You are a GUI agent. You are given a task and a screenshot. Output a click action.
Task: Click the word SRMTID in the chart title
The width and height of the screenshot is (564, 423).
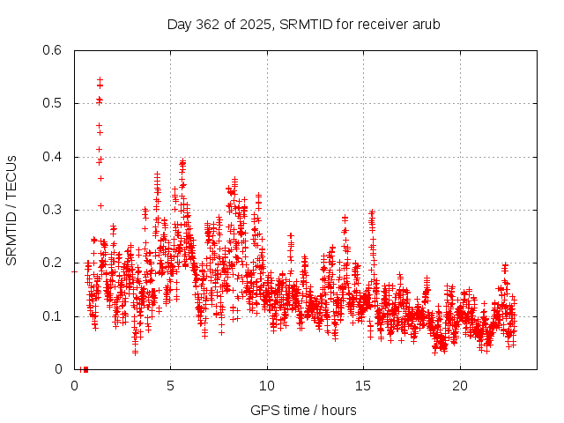(x=302, y=24)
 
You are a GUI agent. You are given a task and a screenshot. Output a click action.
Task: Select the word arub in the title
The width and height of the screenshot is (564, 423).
(x=423, y=24)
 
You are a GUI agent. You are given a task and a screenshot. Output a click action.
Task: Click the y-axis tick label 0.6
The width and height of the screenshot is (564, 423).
(x=52, y=50)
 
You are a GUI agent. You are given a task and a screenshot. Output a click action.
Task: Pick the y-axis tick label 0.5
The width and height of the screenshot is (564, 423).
(x=52, y=103)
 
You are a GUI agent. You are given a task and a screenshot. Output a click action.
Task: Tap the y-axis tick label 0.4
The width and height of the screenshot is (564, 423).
(x=52, y=157)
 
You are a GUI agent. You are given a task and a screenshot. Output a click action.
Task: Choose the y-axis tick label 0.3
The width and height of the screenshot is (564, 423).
(x=52, y=210)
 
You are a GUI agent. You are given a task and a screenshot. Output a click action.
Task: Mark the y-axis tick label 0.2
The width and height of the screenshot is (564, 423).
(x=52, y=263)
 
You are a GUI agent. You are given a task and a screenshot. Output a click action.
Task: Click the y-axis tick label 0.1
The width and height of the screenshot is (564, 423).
(x=52, y=316)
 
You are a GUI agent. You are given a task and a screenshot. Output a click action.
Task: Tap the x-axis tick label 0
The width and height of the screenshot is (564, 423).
(x=74, y=386)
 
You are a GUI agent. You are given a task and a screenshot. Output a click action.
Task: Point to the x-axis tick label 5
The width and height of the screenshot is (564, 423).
(x=170, y=386)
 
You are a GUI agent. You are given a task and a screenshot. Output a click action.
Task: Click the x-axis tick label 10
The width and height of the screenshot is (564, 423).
(x=267, y=386)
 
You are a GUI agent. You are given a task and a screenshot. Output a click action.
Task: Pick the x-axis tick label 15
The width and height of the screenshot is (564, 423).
(x=363, y=386)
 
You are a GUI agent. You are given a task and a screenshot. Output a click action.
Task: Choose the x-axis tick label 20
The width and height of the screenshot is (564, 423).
(x=460, y=386)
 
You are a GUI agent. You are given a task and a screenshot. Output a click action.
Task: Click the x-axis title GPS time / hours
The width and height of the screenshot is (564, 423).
(x=303, y=410)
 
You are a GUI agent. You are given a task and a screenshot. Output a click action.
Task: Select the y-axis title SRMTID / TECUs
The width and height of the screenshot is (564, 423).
(x=12, y=210)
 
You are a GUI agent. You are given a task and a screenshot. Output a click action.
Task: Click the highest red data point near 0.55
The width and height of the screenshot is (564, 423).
(x=100, y=79)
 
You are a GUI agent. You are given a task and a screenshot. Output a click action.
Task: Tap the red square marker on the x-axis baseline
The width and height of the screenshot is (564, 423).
(x=85, y=369)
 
